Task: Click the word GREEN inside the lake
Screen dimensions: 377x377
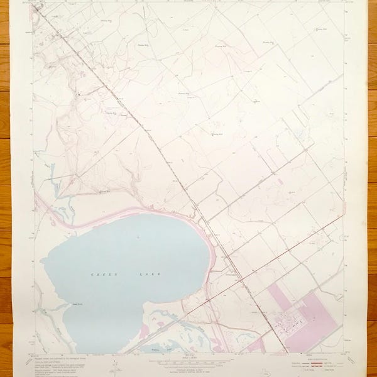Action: [101, 275]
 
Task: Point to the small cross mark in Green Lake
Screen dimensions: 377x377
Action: [138, 237]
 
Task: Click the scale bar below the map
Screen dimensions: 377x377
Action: [188, 363]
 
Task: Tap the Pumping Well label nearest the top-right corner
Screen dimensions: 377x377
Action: [322, 29]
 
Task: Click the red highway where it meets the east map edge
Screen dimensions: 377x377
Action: [342, 217]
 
